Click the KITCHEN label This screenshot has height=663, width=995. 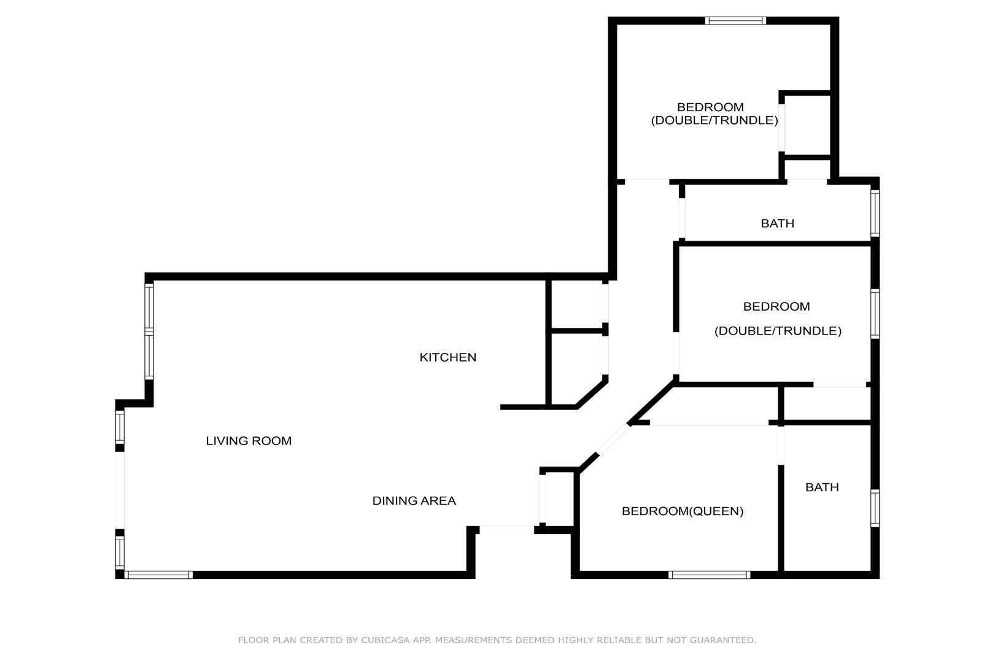447,357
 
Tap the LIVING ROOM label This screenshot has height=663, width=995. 249,441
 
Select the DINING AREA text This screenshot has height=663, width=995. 414,501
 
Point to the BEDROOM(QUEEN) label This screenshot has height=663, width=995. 683,511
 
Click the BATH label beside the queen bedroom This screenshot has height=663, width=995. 822,487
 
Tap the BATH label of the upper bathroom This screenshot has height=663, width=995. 777,223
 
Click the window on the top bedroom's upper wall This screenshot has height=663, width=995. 735,21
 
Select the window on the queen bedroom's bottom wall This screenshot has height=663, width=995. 710,575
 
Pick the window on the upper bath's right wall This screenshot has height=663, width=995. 875,213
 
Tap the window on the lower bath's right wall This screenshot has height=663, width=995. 875,508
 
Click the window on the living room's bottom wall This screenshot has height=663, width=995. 158,575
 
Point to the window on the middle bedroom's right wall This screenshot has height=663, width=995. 875,314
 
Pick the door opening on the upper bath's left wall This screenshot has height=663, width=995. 682,218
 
